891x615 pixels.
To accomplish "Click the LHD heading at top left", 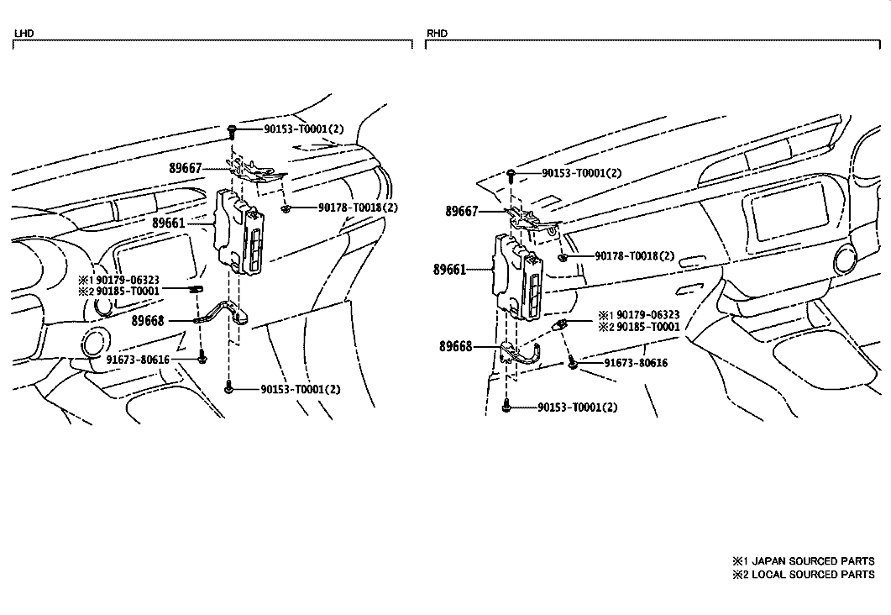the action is coord(24,34).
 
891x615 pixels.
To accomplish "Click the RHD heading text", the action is coord(437,34).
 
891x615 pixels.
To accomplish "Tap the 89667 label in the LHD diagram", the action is coord(186,168).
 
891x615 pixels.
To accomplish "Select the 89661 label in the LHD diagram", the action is coord(169,223).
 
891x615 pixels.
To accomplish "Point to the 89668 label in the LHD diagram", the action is coord(148,321).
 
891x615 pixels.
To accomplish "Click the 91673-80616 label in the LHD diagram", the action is coord(138,360).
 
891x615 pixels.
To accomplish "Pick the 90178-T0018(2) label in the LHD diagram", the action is coord(358,208).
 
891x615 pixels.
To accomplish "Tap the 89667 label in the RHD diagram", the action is coord(461,212).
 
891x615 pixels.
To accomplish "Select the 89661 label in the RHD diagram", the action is coord(449,270).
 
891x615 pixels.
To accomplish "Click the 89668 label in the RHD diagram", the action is coord(456,346).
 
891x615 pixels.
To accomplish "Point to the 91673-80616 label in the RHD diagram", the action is coord(636,363).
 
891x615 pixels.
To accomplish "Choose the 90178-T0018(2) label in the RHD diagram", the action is coord(635,255).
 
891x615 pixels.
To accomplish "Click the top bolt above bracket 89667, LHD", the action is coord(232,131).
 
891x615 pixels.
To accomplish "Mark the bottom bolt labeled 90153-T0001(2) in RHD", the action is coord(506,407).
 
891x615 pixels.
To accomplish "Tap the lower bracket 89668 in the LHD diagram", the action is coord(222,314).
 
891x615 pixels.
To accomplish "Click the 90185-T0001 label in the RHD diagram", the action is coord(647,327).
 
